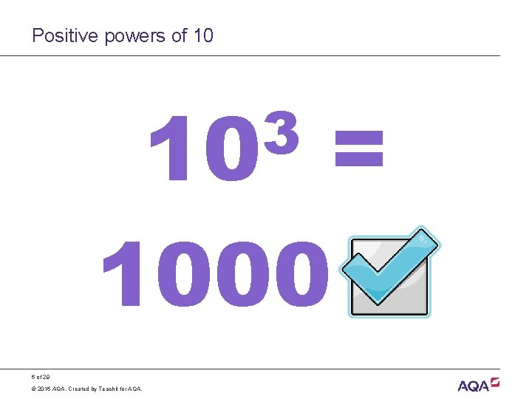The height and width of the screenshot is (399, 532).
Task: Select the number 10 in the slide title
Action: pos(202,35)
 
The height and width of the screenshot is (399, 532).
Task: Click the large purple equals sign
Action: pos(359,146)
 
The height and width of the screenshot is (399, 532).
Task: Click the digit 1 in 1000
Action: pos(123,274)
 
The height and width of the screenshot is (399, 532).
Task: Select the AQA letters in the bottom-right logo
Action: pos(473,386)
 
